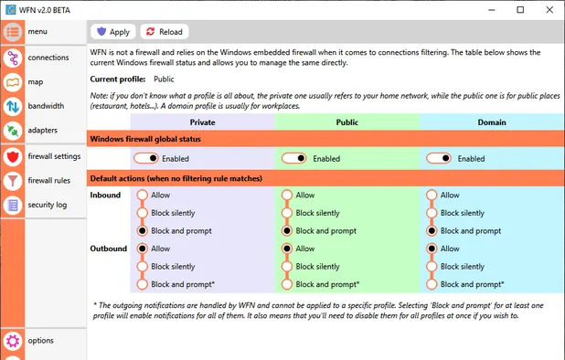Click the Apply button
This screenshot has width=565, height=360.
pos(114,32)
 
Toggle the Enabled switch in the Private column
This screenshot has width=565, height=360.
pos(147,158)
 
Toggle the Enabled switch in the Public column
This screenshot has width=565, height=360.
pos(294,158)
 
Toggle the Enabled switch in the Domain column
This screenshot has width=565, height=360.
pos(440,158)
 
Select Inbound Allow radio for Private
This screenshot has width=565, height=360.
pos(142,195)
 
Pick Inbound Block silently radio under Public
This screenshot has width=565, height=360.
pos(287,213)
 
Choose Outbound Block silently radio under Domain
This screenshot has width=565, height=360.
pos(432,267)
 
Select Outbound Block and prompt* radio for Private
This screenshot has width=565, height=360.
pos(142,284)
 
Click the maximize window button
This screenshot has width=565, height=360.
pos(520,10)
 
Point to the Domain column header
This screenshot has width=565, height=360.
pos(492,122)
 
